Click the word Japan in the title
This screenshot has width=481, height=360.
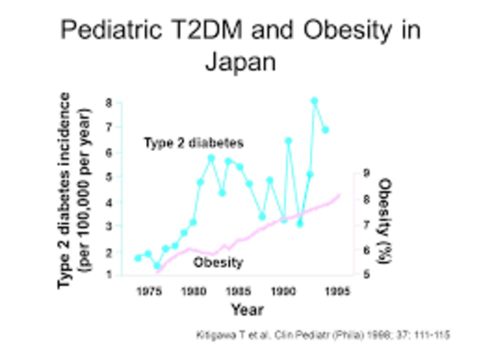click(240, 60)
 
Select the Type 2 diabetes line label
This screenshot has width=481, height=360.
click(194, 142)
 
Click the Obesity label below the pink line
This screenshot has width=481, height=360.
click(218, 262)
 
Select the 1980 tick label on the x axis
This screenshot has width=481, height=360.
click(195, 290)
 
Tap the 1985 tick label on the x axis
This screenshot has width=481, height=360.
click(240, 290)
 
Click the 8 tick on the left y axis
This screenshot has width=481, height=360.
click(110, 102)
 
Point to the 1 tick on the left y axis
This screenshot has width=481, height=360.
click(110, 274)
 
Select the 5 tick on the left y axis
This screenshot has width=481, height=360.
click(110, 177)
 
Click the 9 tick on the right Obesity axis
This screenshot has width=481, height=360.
click(365, 173)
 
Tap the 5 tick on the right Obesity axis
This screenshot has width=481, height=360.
click(365, 275)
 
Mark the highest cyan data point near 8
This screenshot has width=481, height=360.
click(314, 100)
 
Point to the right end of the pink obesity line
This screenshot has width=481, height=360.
click(339, 195)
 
